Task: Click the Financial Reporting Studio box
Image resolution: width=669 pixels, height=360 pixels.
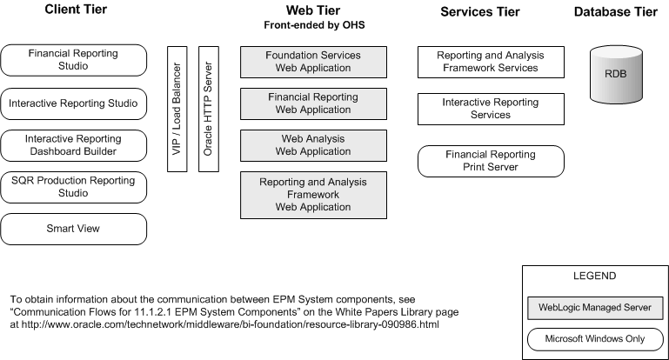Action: tap(73, 60)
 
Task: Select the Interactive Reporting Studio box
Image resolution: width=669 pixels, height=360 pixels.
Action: tap(73, 103)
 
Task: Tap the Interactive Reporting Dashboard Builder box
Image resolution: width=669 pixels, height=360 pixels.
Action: tap(73, 145)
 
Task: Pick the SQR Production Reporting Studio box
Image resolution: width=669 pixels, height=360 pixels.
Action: tap(73, 187)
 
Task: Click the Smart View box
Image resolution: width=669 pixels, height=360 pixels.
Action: tap(73, 229)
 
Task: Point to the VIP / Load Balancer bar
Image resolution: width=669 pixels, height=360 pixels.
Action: tap(177, 110)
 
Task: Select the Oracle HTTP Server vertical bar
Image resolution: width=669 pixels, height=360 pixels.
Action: tap(208, 110)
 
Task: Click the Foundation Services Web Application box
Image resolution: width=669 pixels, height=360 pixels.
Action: tap(313, 62)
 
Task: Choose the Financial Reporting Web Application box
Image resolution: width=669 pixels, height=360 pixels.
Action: tap(313, 104)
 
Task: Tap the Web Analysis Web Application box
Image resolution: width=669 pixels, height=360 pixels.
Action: tap(313, 145)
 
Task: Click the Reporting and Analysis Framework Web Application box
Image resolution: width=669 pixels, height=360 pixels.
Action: tap(313, 195)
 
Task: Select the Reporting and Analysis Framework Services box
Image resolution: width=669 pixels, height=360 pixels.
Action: tap(491, 62)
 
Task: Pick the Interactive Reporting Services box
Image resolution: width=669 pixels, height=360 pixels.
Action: tap(491, 109)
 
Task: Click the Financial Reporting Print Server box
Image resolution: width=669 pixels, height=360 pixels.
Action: tap(491, 161)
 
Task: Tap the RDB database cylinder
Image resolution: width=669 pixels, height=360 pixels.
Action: tap(620, 76)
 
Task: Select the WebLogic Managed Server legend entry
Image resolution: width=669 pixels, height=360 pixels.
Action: tap(595, 308)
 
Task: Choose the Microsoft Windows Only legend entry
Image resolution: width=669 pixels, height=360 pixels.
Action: tap(595, 339)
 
